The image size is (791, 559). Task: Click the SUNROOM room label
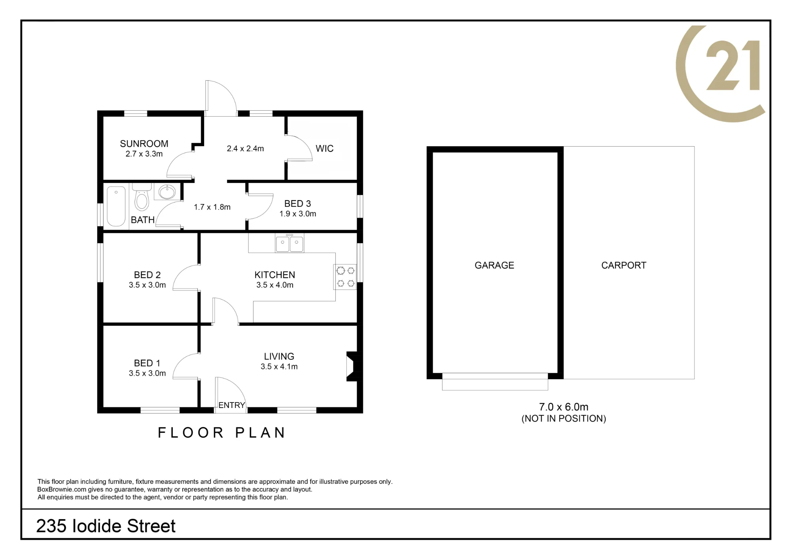click(144, 144)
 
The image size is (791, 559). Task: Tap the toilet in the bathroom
click(142, 196)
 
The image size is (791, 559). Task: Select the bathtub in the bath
click(116, 206)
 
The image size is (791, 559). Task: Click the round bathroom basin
click(167, 192)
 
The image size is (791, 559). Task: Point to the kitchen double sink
click(290, 243)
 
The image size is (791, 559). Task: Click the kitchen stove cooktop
click(345, 277)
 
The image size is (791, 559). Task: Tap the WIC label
click(324, 149)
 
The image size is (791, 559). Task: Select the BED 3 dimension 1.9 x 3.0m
click(298, 214)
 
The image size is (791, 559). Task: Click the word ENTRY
click(232, 405)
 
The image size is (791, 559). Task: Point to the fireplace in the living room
click(353, 366)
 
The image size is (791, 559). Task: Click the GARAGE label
click(494, 265)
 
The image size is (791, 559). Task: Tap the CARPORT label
click(624, 265)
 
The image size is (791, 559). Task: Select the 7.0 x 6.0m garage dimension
click(564, 407)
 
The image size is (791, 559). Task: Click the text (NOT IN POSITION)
click(564, 419)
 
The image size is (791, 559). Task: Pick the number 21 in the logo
click(733, 65)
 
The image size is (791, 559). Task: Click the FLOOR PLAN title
click(221, 433)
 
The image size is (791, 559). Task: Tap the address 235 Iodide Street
click(106, 526)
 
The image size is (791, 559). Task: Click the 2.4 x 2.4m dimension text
click(245, 149)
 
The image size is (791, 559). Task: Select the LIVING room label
click(279, 357)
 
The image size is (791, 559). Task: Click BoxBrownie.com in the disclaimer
click(62, 489)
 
